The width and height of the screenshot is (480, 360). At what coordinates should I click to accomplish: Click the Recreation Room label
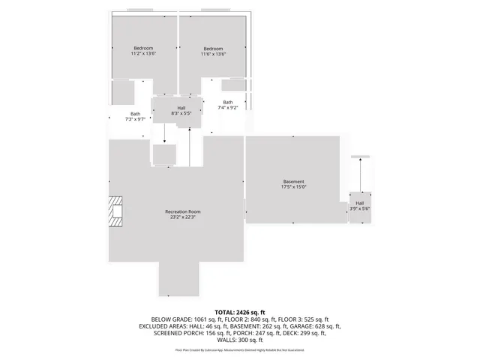(183, 211)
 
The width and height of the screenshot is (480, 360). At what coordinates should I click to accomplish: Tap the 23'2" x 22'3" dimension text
(183, 217)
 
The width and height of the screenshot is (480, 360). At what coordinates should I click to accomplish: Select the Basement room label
(293, 181)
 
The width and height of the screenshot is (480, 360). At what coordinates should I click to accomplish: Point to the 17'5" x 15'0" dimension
(293, 187)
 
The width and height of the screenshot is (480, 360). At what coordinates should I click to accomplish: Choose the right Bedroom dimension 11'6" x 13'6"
(213, 54)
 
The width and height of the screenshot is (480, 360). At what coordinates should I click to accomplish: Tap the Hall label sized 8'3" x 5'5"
(181, 108)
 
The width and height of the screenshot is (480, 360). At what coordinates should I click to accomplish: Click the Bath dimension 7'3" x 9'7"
(135, 120)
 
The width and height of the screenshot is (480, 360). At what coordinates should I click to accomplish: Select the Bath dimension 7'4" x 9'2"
(227, 108)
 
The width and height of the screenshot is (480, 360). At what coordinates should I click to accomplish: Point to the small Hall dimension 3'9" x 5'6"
(360, 208)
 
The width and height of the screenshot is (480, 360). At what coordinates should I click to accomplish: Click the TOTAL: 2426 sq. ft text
(240, 311)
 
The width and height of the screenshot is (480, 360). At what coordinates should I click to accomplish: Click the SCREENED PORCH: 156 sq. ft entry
(180, 334)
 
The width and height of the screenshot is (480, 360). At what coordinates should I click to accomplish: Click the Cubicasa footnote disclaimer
(240, 349)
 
